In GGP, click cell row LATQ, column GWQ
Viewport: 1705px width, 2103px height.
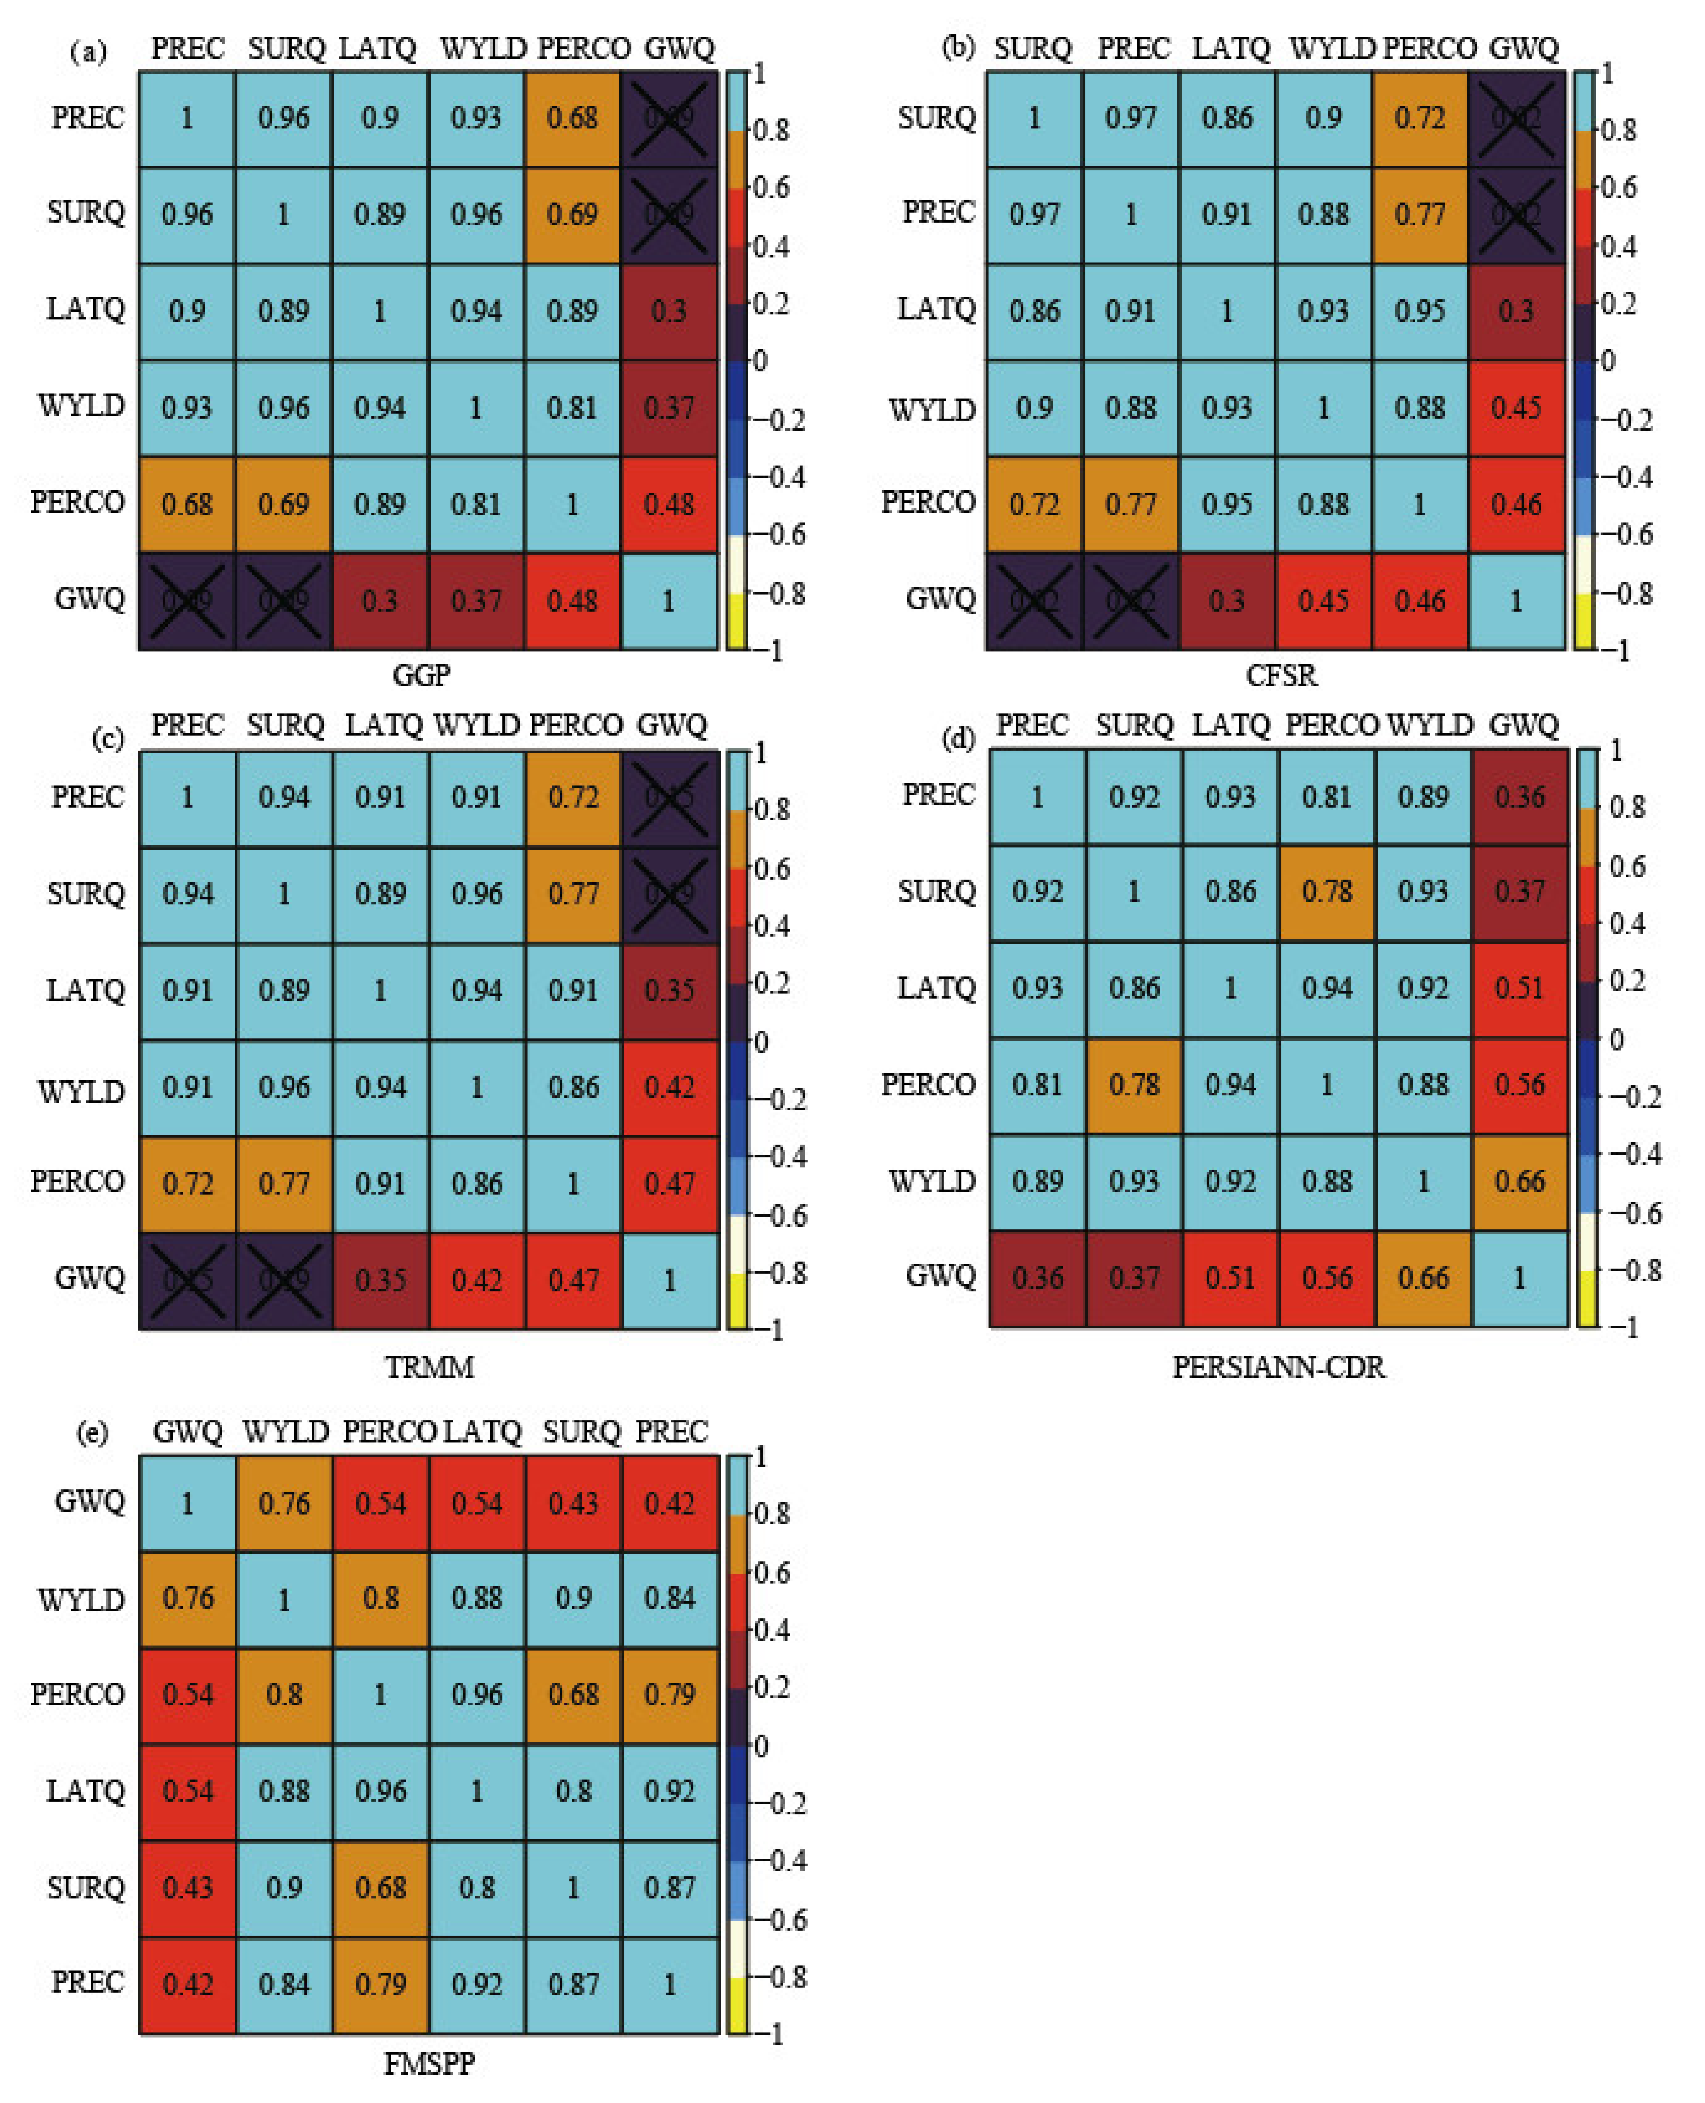click(x=669, y=311)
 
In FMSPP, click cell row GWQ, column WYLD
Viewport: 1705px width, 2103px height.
click(x=284, y=1504)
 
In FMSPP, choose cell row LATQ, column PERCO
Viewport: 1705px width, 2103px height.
click(x=380, y=1791)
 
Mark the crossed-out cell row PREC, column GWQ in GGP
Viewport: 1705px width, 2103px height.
click(x=669, y=118)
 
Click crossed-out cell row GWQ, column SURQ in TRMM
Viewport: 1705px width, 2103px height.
click(x=284, y=1280)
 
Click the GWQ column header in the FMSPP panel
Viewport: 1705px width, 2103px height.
click(x=187, y=1432)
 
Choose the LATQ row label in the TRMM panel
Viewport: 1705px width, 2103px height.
click(x=86, y=990)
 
